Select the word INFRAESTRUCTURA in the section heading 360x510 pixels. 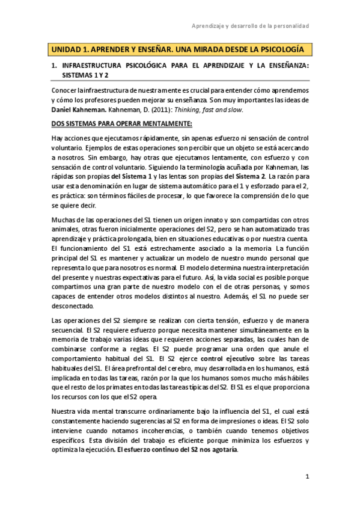click(x=96, y=66)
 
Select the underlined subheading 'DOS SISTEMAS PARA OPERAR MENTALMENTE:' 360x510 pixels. click(x=112, y=123)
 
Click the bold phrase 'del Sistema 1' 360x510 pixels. click(x=130, y=175)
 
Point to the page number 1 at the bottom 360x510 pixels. click(x=307, y=478)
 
